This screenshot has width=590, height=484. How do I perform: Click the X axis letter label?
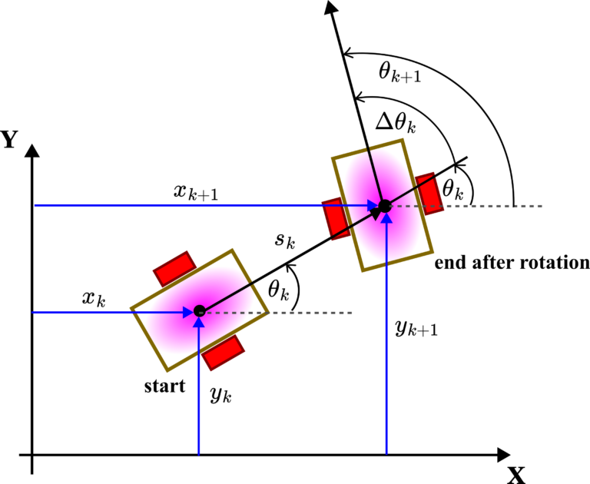[x=515, y=475]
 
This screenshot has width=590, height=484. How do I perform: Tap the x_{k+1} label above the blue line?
[x=196, y=192]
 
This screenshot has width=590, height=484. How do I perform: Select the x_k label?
[x=94, y=300]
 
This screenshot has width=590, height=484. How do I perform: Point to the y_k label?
[x=221, y=394]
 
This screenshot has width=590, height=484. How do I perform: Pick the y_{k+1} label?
[x=416, y=329]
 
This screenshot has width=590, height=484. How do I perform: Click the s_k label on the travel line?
[x=285, y=240]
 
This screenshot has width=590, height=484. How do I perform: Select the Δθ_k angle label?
[x=396, y=123]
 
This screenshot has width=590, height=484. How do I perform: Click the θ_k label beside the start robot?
[x=278, y=290]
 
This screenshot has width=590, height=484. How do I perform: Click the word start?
[x=165, y=386]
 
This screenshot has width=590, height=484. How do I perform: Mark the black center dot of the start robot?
[x=200, y=311]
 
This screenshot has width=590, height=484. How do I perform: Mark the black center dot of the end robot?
[x=385, y=206]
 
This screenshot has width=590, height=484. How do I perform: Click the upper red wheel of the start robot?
[x=174, y=269]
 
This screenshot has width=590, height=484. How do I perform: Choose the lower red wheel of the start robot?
[x=223, y=353]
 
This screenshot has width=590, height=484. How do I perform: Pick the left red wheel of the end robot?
[x=336, y=219]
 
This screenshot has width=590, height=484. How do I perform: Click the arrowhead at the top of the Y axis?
[x=32, y=150]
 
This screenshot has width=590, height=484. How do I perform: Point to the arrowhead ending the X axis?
[x=503, y=455]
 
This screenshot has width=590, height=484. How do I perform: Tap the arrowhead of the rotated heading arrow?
[x=331, y=7]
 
